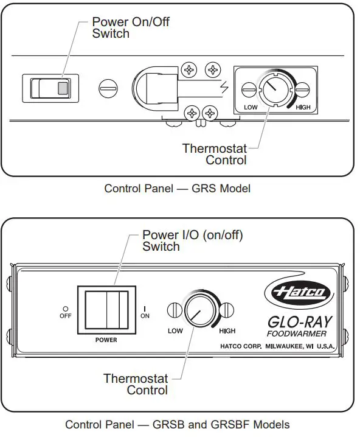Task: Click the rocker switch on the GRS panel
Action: (50, 88)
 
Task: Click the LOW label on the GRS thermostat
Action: (251, 107)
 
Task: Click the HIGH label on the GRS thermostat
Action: (303, 107)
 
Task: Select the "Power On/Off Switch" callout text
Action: (130, 27)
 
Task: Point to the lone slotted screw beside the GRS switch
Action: (108, 89)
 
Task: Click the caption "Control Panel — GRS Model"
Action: (177, 188)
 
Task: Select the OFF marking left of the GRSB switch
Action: (65, 313)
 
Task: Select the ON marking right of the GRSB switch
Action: (145, 313)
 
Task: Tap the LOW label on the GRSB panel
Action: (176, 331)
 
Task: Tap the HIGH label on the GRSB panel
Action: (226, 331)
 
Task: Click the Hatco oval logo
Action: (299, 293)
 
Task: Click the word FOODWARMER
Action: (297, 334)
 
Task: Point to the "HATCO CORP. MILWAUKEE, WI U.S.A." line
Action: (277, 346)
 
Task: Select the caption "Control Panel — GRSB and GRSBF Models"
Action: (177, 424)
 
